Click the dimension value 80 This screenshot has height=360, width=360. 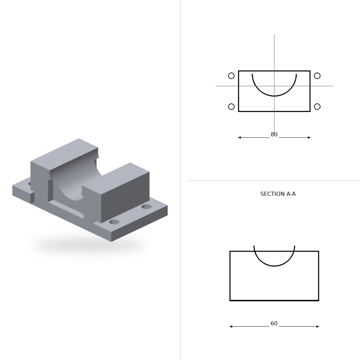[x=274, y=135]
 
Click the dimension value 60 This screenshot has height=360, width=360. [x=274, y=324]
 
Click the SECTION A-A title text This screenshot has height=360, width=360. [x=278, y=194]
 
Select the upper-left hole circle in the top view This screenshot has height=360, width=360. [x=231, y=76]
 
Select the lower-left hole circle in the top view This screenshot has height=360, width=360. [x=231, y=107]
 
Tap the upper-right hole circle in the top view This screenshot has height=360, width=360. [x=317, y=76]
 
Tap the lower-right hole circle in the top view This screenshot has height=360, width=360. [x=317, y=107]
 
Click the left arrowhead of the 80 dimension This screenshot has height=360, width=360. [x=239, y=138]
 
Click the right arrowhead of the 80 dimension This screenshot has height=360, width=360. [x=309, y=138]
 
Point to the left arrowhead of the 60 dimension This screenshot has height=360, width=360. [x=231, y=327]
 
